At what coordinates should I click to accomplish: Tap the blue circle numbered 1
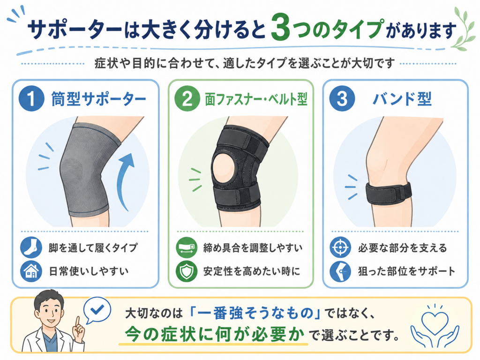[x=31, y=98]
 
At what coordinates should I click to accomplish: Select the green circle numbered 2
[x=187, y=98]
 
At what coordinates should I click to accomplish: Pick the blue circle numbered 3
[x=342, y=98]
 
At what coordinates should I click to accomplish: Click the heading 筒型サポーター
[x=98, y=99]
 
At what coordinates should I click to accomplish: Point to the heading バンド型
[x=402, y=99]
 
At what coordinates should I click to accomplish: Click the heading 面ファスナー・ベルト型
[x=256, y=99]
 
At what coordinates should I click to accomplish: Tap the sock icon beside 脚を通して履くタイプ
[x=31, y=247]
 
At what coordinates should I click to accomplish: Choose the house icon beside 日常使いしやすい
[x=31, y=271]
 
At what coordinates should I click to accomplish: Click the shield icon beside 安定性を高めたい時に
[x=187, y=271]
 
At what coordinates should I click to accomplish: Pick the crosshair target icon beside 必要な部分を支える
[x=340, y=247]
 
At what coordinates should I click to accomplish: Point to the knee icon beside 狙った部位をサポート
[x=340, y=271]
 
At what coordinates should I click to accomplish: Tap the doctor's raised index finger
[x=77, y=322]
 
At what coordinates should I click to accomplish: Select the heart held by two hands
[x=435, y=322]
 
